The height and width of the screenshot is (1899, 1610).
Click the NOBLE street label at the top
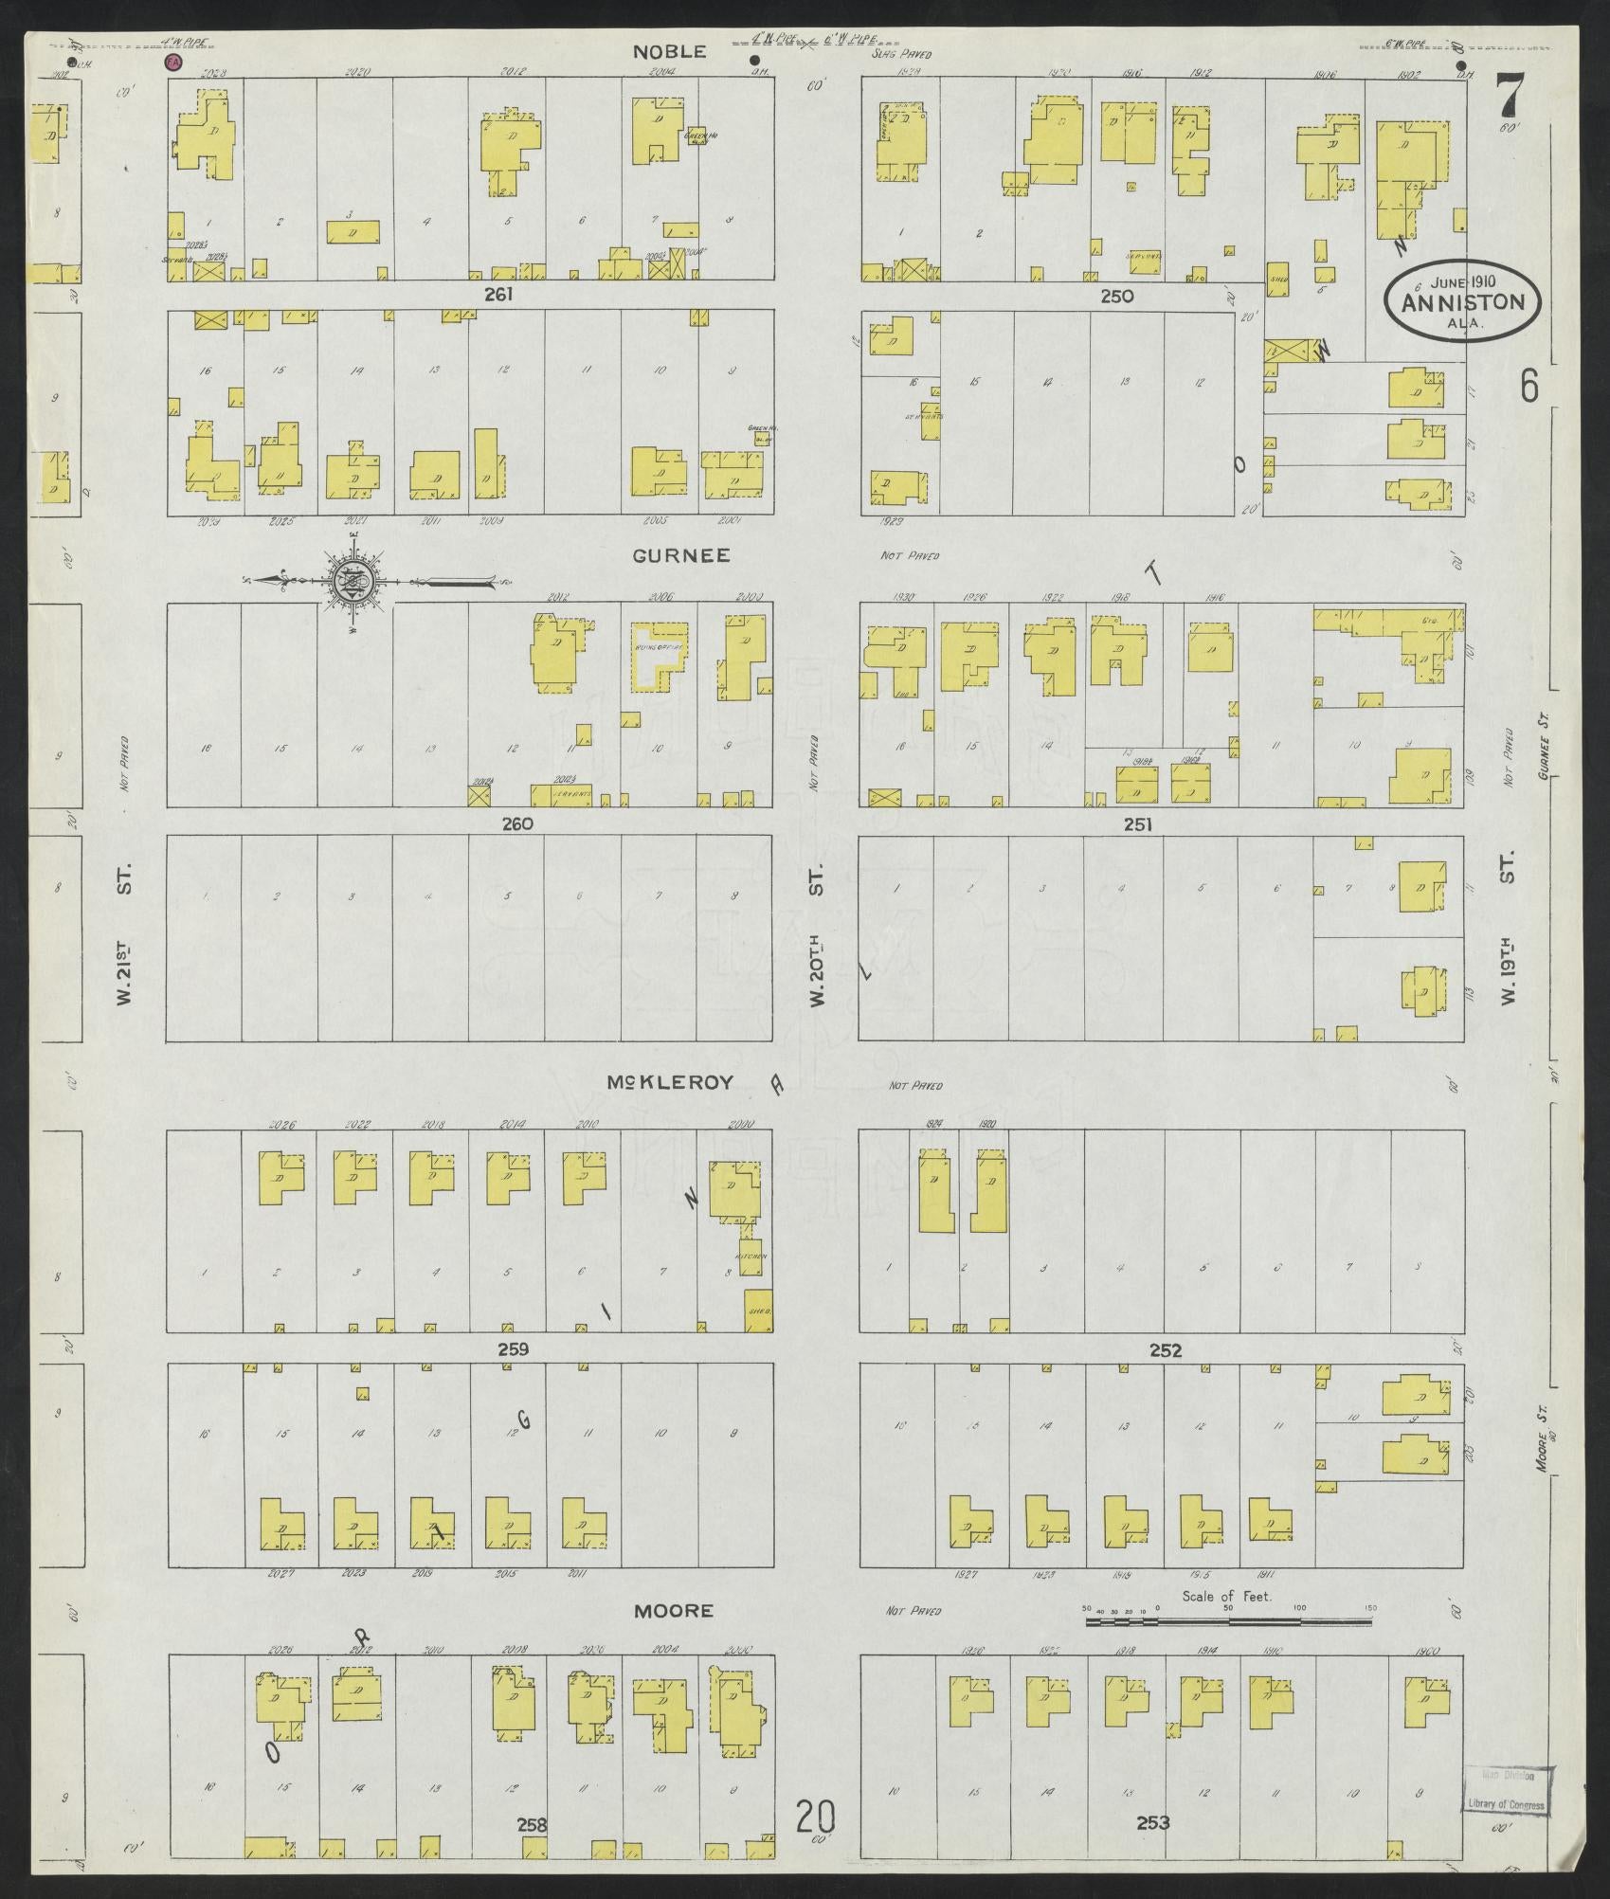pyautogui.click(x=671, y=52)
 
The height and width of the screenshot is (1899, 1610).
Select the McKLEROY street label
pyautogui.click(x=671, y=1082)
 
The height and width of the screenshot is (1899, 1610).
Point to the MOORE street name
pyautogui.click(x=673, y=1611)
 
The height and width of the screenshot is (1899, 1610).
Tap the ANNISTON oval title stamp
pyautogui.click(x=1463, y=301)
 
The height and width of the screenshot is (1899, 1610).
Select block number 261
pyautogui.click(x=498, y=295)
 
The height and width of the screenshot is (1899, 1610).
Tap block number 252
pyautogui.click(x=1165, y=1350)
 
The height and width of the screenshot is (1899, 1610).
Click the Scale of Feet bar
pyautogui.click(x=1228, y=1621)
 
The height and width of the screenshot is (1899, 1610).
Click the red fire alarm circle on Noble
pyautogui.click(x=172, y=62)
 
